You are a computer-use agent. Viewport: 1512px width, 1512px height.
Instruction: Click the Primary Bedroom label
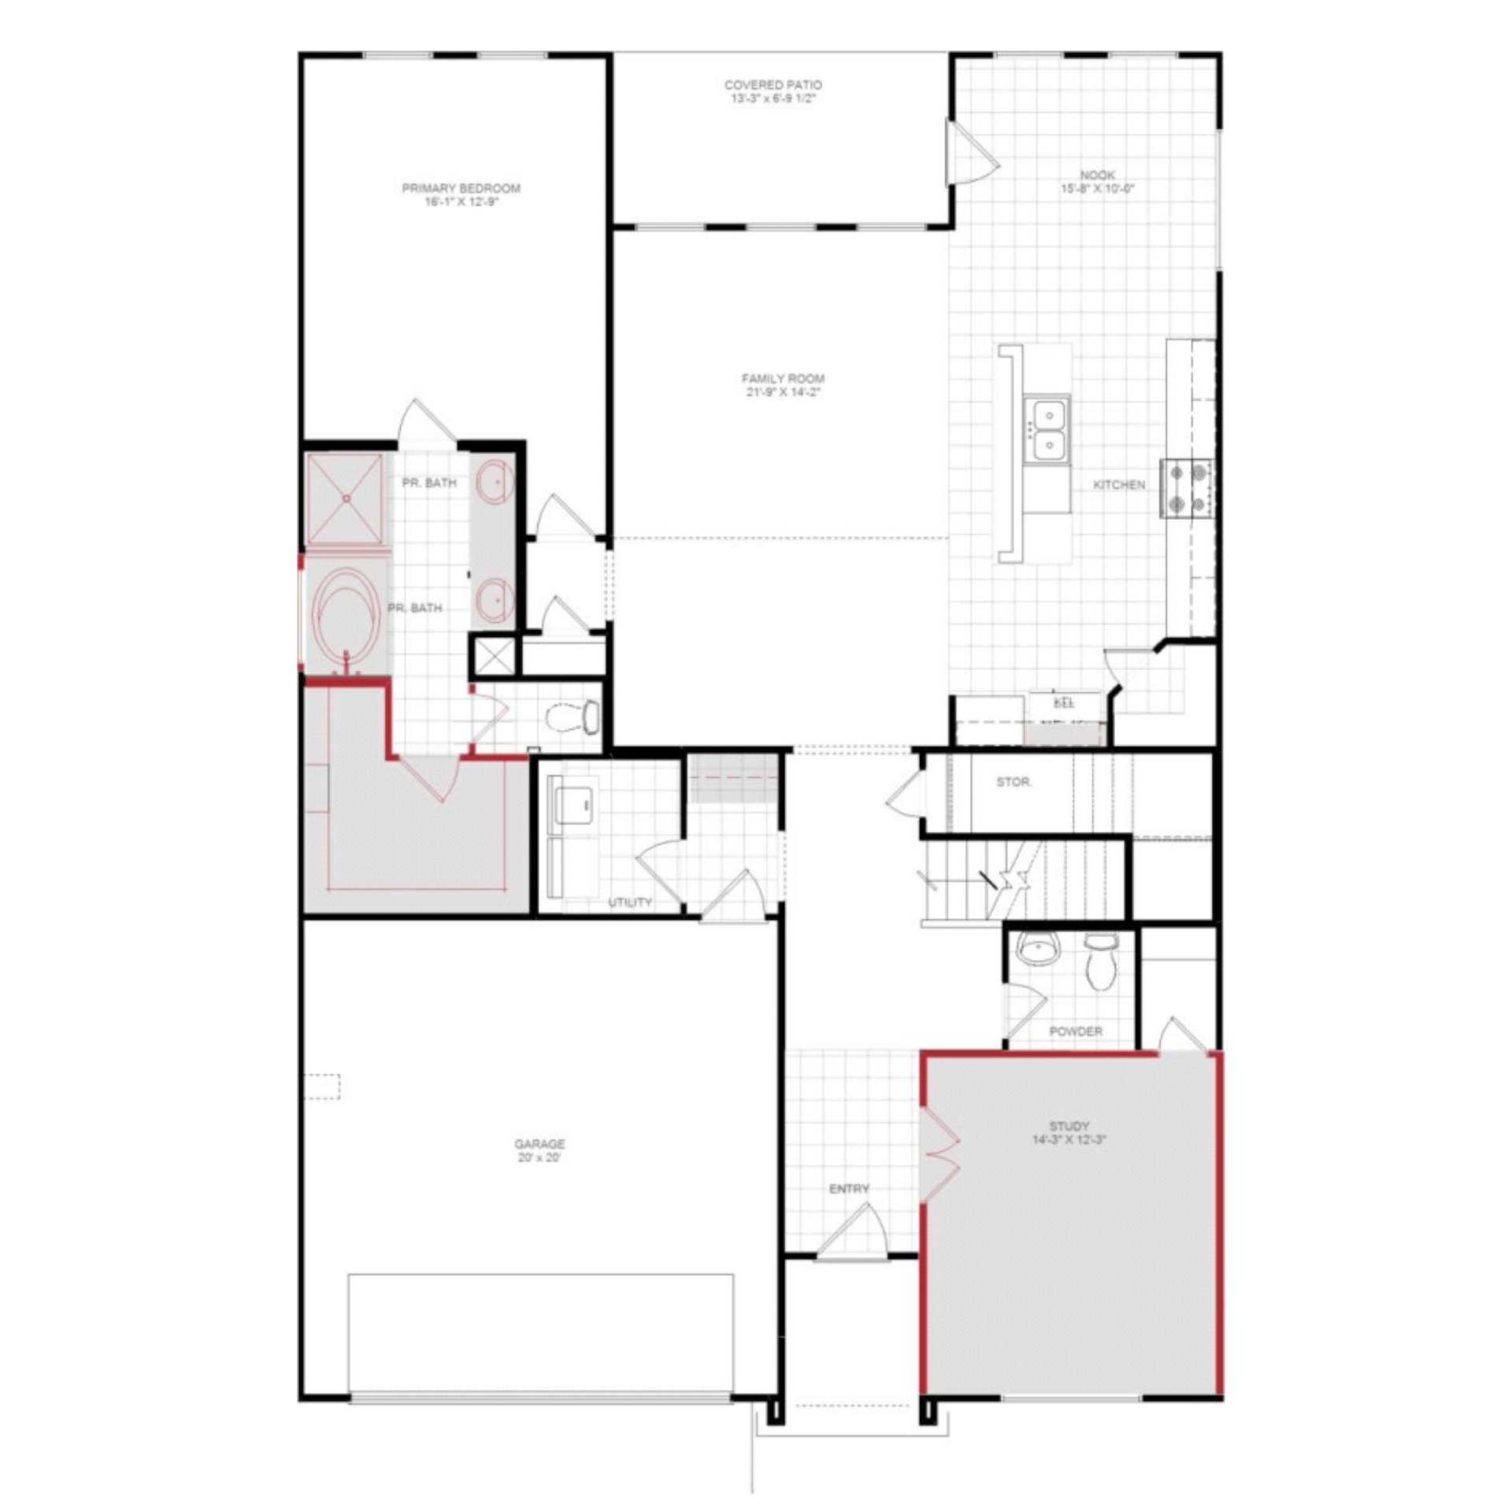pyautogui.click(x=461, y=188)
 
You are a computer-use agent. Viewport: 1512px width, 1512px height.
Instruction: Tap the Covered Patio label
pyautogui.click(x=773, y=85)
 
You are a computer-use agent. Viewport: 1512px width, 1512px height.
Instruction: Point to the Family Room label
pyautogui.click(x=783, y=379)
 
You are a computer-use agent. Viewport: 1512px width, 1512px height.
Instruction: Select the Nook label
pyautogui.click(x=1097, y=175)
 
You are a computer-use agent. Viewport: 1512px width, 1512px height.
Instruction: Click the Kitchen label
pyautogui.click(x=1119, y=485)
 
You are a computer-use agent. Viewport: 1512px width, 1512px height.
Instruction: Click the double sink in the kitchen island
pyautogui.click(x=1047, y=429)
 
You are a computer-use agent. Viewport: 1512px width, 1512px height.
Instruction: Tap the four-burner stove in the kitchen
pyautogui.click(x=1188, y=488)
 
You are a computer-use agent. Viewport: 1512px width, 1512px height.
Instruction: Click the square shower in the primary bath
pyautogui.click(x=344, y=498)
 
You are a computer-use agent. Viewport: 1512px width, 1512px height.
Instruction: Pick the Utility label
pyautogui.click(x=630, y=902)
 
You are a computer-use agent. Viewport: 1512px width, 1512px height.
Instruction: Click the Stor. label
pyautogui.click(x=1014, y=783)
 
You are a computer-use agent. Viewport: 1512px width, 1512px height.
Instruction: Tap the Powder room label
pyautogui.click(x=1076, y=1032)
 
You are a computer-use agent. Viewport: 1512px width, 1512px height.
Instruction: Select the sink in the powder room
pyautogui.click(x=1039, y=950)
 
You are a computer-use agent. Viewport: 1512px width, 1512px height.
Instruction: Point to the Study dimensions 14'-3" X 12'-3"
pyautogui.click(x=1069, y=1140)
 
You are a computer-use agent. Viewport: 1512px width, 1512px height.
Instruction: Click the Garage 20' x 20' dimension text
pyautogui.click(x=539, y=1158)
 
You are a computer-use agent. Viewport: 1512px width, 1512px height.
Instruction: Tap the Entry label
pyautogui.click(x=849, y=1189)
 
